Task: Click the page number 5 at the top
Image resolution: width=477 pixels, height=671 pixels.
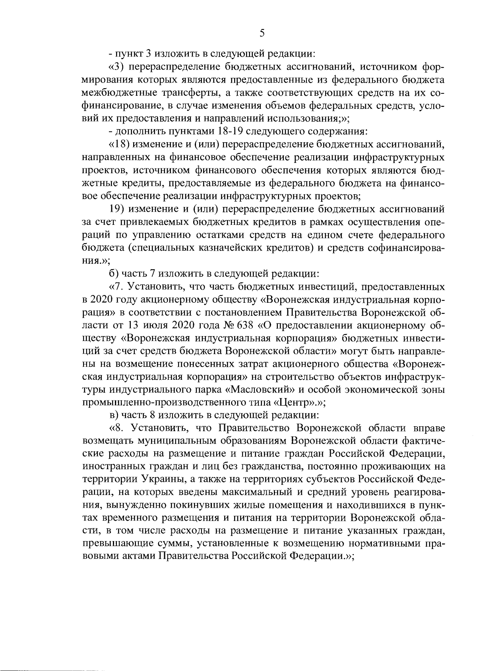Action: click(262, 33)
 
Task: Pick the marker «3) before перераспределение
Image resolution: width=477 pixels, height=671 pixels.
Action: click(115, 68)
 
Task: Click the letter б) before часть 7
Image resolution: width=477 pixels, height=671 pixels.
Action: click(114, 274)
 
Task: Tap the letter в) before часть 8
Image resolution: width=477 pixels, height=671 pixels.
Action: click(114, 415)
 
